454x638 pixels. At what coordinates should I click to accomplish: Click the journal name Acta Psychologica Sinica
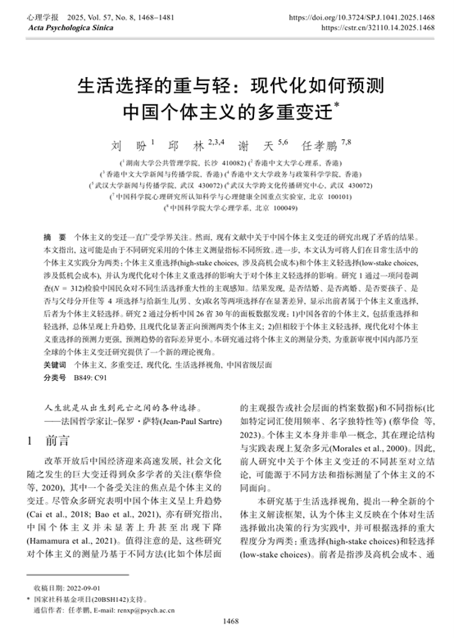(x=70, y=28)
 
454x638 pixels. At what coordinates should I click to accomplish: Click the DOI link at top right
(x=361, y=18)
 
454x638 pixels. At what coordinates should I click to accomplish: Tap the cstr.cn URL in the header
(x=378, y=28)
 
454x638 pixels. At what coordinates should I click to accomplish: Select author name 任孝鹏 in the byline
(x=320, y=146)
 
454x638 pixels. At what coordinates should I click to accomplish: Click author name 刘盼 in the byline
(x=129, y=146)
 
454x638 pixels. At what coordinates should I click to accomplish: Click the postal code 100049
(x=286, y=208)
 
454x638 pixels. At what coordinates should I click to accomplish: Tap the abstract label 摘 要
(x=54, y=237)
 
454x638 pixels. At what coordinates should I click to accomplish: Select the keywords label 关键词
(x=54, y=365)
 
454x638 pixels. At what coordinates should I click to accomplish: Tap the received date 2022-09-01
(x=84, y=589)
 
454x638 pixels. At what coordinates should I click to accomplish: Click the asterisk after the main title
(x=336, y=105)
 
